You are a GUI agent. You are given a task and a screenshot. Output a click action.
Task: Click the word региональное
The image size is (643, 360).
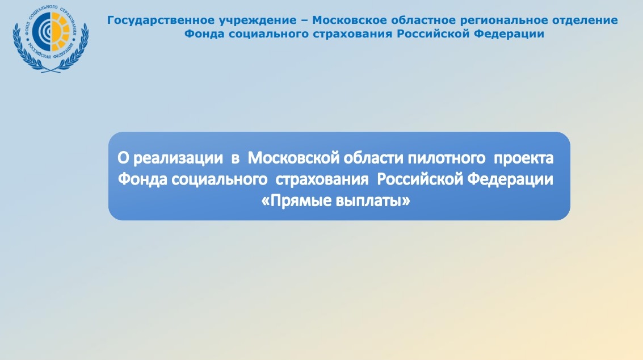(x=503, y=20)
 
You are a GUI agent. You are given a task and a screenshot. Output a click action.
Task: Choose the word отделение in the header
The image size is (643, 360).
(x=585, y=20)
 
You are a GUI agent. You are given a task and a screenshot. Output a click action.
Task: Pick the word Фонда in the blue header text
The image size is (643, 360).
(x=204, y=34)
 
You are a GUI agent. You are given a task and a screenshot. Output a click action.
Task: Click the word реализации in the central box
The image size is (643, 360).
(x=178, y=158)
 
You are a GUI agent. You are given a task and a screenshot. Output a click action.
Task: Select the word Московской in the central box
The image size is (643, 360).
(x=293, y=158)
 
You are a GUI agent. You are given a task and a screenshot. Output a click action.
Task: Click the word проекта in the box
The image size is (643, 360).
(x=524, y=158)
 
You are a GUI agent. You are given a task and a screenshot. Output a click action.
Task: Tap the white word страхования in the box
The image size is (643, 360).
(x=322, y=179)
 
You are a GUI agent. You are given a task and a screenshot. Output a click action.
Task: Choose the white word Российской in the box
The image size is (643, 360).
(x=420, y=179)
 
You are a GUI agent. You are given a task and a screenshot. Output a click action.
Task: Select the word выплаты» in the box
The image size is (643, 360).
(x=373, y=201)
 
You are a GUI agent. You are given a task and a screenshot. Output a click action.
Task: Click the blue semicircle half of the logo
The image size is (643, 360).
(x=41, y=31)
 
